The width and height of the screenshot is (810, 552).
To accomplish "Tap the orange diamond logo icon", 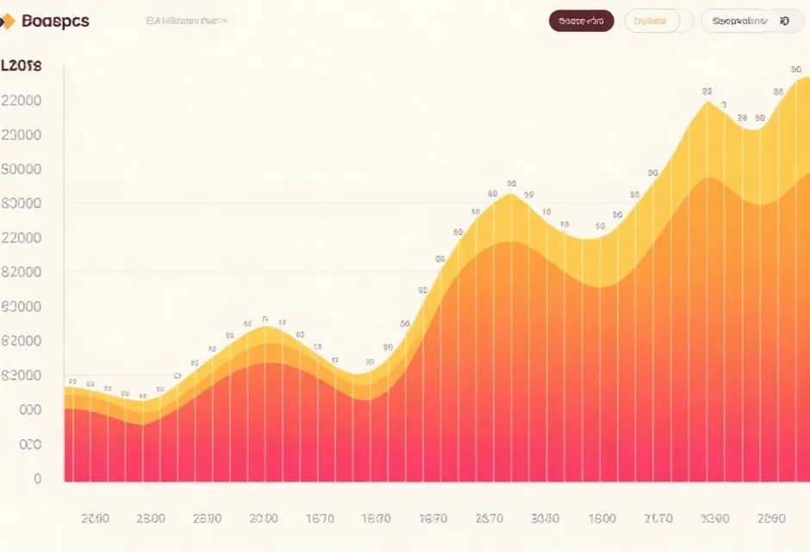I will point(9,22).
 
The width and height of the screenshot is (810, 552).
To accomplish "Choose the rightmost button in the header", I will point(751,21).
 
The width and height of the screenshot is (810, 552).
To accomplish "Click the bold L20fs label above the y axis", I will point(22,66).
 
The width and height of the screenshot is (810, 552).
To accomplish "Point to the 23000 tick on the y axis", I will point(22,135).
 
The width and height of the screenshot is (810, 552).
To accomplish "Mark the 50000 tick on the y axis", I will point(22,169).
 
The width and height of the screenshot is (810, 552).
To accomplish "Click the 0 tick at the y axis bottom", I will point(37,479).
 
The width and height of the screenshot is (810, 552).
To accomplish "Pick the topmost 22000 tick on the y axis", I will point(22,100).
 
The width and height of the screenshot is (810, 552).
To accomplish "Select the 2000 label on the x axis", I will point(264,518).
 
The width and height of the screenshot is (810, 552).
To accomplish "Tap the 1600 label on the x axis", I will point(601,518).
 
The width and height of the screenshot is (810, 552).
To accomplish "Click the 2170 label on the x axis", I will point(658,518).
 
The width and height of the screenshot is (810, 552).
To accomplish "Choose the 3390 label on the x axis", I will point(714,518).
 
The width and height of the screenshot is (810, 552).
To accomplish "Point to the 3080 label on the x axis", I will point(545,518).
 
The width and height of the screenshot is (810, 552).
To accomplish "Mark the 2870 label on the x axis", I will point(489,518).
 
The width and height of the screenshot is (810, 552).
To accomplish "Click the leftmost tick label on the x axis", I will point(95,518).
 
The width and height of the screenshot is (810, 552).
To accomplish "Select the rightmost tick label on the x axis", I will point(770,518).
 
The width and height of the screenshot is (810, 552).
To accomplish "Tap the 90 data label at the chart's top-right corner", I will point(796,69).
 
